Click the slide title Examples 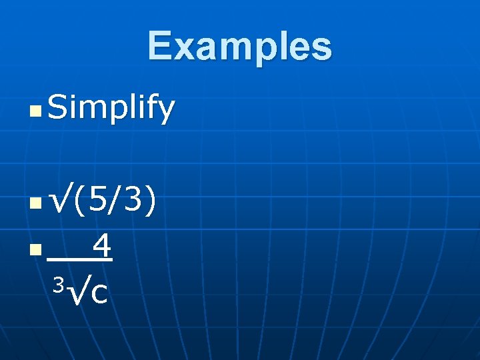click(x=239, y=47)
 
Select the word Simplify click(x=111, y=108)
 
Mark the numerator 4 click(x=101, y=246)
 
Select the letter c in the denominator click(x=99, y=294)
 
